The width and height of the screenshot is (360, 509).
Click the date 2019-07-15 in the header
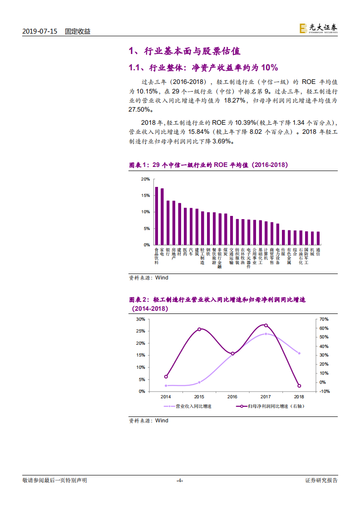point(40,32)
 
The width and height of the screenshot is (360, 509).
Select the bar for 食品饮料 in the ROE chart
point(157,216)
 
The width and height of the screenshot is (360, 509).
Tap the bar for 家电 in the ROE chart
point(162,217)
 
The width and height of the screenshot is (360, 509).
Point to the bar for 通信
point(318,238)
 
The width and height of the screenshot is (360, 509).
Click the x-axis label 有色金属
point(289,256)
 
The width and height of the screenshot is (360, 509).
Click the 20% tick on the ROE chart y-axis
point(145,179)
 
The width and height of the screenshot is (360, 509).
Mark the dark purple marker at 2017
point(266,325)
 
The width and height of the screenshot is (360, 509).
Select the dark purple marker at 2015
point(199,329)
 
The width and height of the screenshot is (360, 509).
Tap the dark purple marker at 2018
point(299,386)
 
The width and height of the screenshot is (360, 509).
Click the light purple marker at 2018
point(299,353)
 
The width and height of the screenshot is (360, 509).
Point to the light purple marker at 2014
point(166,386)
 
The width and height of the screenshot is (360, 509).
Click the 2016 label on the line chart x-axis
point(232,396)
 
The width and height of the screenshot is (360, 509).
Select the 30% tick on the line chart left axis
point(141,319)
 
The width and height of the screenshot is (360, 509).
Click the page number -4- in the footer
point(180,480)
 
